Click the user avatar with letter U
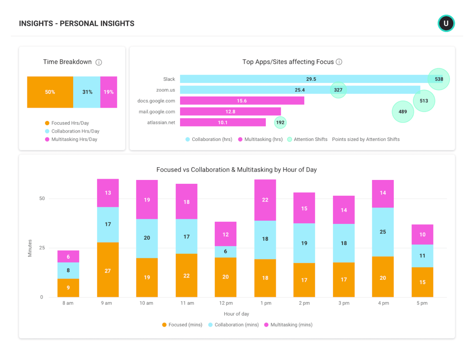446,23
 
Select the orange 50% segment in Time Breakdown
50,92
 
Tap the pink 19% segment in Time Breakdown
108,92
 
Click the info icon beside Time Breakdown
99,62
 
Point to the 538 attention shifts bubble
439,79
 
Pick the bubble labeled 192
280,122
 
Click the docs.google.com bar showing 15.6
242,101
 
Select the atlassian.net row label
161,123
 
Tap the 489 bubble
403,112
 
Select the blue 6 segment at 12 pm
225,252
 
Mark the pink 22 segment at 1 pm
265,200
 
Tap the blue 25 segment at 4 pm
382,232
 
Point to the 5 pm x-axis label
422,303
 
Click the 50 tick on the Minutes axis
42,198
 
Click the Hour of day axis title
236,314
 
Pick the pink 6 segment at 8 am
68,256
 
